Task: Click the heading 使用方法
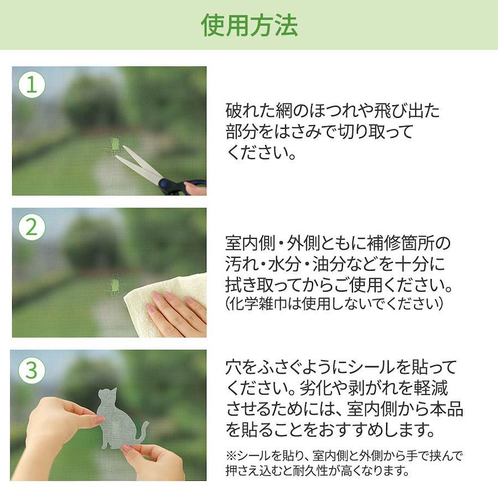tap(250, 25)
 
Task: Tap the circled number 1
tap(32, 85)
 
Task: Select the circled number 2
tap(32, 227)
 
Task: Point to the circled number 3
tap(32, 370)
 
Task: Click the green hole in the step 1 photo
tap(115, 144)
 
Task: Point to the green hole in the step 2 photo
tap(115, 287)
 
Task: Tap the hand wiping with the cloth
tap(177, 311)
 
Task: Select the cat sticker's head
tap(108, 396)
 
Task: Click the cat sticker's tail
tap(141, 433)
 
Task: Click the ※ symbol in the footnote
tap(231, 456)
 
